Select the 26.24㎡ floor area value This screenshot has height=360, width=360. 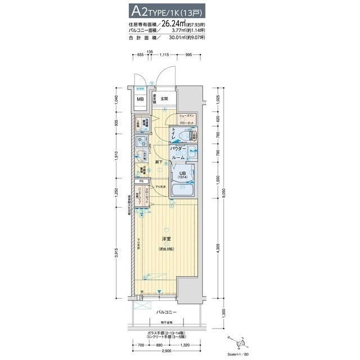[175, 24]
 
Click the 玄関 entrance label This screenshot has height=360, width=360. [164, 99]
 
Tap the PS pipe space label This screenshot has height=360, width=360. [142, 182]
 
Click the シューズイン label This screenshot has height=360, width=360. [187, 115]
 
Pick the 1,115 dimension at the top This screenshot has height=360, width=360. [164, 55]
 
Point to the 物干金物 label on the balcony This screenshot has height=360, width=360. [167, 322]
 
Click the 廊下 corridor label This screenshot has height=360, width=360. [161, 163]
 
